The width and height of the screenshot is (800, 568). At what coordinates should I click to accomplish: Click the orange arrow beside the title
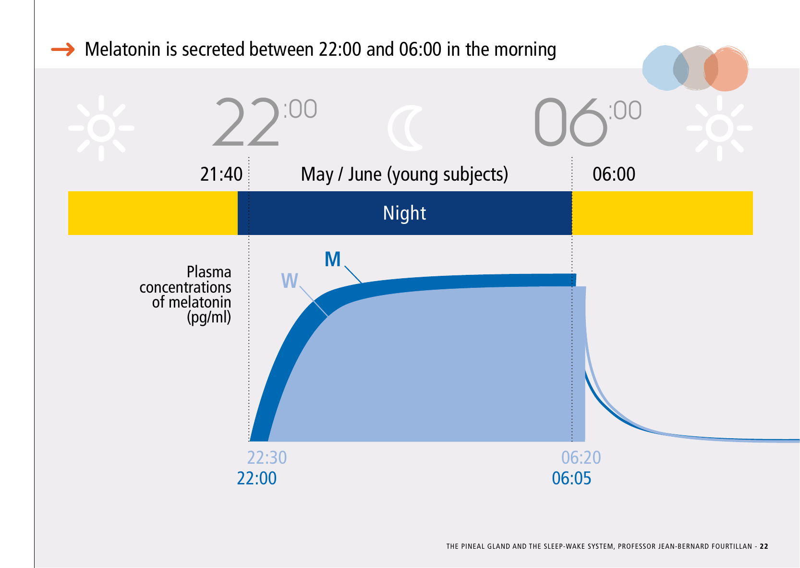click(63, 49)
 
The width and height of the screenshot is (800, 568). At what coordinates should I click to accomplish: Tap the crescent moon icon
click(405, 128)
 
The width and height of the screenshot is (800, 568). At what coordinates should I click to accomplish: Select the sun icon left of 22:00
click(101, 128)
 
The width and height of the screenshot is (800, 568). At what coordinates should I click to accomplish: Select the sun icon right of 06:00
click(719, 128)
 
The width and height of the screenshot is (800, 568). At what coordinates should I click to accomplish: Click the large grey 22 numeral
click(246, 122)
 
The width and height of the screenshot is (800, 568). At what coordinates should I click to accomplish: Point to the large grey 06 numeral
click(570, 122)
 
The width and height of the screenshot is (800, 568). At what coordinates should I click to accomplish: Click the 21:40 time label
click(221, 174)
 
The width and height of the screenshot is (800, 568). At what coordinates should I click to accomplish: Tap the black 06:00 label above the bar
click(614, 174)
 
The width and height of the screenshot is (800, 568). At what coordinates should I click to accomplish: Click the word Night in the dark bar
click(404, 213)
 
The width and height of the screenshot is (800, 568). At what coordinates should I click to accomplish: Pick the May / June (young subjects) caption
click(404, 175)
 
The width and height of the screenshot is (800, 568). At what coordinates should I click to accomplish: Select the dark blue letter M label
click(332, 259)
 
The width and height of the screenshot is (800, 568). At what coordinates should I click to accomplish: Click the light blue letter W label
click(290, 281)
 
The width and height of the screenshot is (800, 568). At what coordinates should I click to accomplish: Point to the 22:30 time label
click(267, 457)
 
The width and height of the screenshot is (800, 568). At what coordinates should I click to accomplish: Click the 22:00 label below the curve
click(257, 478)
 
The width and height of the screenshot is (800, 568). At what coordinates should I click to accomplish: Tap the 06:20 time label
click(581, 457)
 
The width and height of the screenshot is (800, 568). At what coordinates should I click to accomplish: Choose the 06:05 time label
click(571, 478)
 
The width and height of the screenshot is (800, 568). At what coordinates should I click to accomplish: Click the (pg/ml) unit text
click(209, 318)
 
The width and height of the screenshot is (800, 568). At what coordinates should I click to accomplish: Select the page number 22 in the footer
click(764, 546)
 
